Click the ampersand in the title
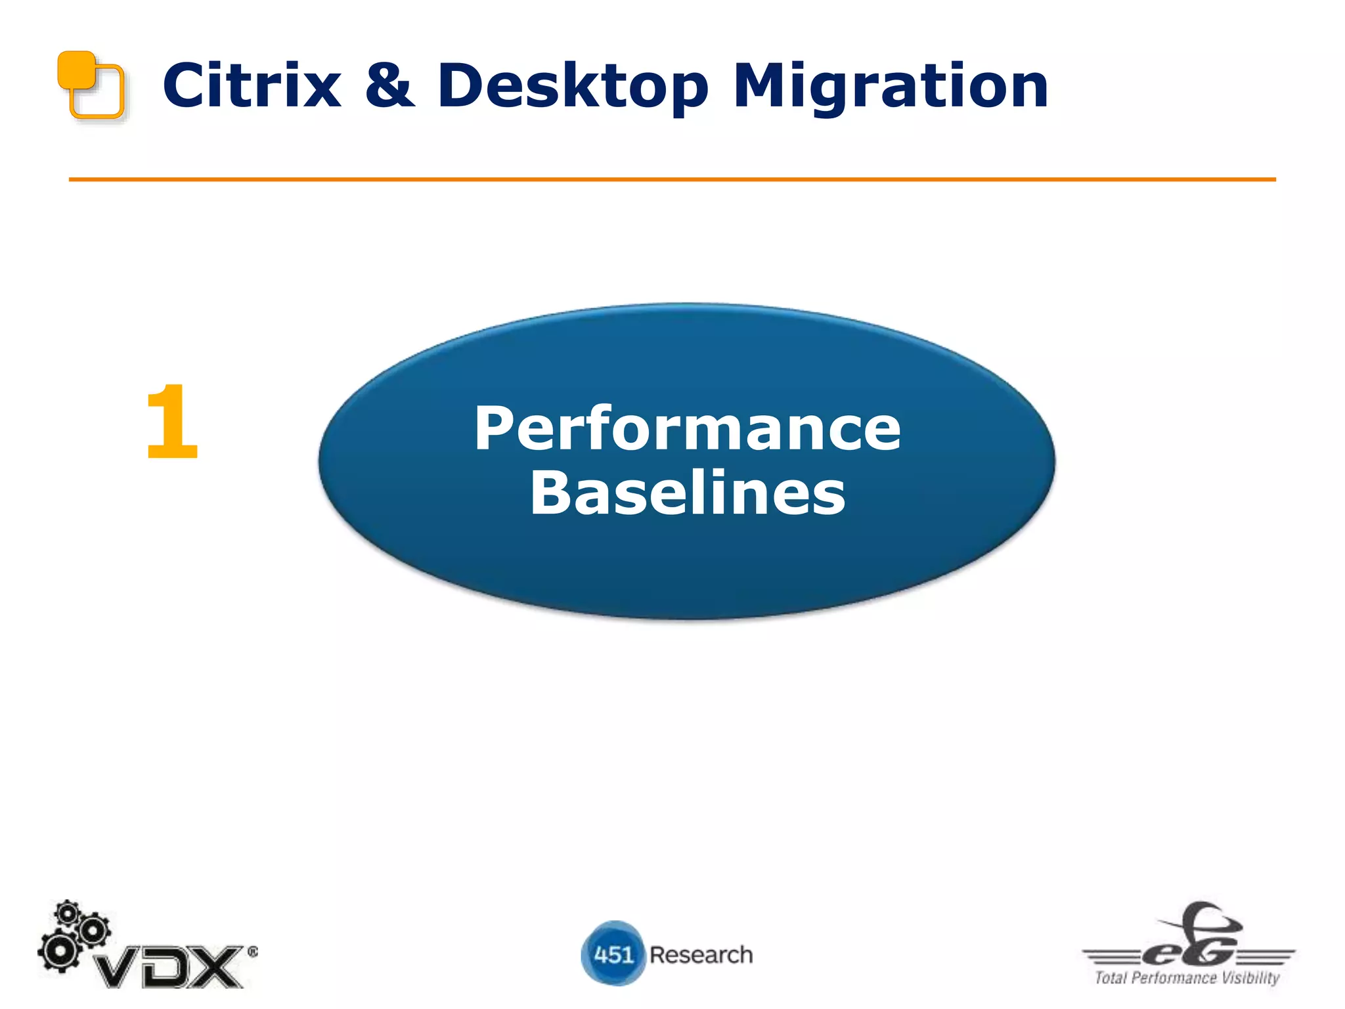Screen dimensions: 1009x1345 click(x=390, y=86)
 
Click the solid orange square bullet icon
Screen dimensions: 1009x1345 click(x=76, y=70)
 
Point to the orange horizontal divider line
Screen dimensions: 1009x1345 click(x=672, y=179)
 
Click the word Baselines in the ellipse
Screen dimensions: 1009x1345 click(x=687, y=493)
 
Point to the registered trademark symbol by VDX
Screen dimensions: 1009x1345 click(x=253, y=951)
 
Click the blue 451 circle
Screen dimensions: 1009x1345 click(x=613, y=953)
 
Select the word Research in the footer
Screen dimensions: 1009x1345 click(x=701, y=954)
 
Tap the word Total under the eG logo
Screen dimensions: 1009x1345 click(x=1111, y=978)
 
